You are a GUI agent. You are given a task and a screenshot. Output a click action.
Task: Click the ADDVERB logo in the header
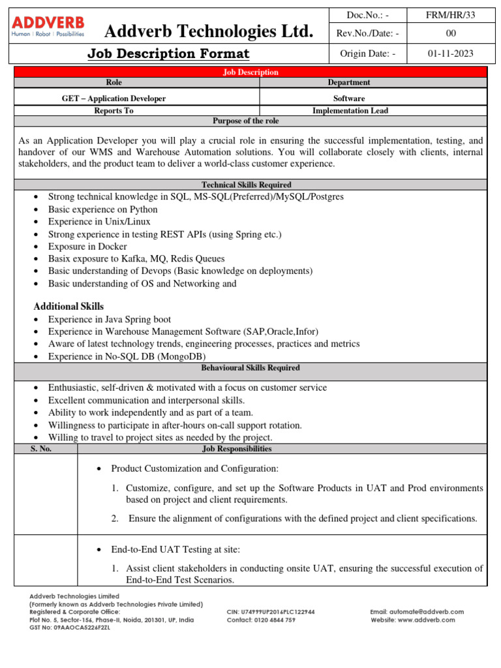click(x=48, y=27)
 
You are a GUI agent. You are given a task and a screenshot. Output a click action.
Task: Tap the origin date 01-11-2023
click(x=451, y=53)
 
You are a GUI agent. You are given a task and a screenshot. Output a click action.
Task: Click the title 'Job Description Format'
click(x=168, y=54)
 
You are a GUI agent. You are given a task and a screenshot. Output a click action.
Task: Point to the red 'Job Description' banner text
click(x=250, y=72)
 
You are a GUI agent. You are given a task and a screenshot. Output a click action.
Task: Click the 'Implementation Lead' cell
click(x=350, y=111)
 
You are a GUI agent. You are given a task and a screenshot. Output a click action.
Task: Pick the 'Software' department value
click(x=349, y=99)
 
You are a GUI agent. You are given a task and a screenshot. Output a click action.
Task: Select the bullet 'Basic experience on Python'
click(x=102, y=209)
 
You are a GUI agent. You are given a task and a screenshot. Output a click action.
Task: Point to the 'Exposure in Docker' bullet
click(x=87, y=247)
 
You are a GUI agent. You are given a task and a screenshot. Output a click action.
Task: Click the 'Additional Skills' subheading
click(x=68, y=307)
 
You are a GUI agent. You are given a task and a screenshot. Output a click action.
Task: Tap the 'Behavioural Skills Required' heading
click(x=250, y=368)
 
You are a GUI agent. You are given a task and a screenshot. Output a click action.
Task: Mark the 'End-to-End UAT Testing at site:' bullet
click(x=175, y=550)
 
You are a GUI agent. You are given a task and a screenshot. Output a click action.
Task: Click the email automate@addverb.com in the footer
click(x=417, y=612)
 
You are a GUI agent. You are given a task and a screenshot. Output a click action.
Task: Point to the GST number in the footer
click(x=70, y=628)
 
